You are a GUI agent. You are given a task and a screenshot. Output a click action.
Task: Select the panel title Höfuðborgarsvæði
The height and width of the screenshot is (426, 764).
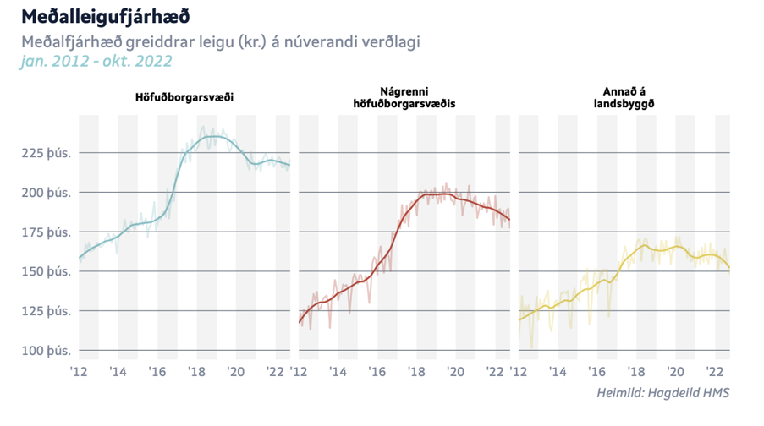[x=184, y=97]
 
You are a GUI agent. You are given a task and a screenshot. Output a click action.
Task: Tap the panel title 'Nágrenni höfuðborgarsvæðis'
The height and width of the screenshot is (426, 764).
[x=404, y=97]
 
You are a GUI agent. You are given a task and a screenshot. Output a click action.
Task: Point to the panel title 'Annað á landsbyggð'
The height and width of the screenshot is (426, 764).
[x=624, y=97]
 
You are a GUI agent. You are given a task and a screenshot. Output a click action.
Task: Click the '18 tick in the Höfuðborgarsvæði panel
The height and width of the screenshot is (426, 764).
[x=196, y=371]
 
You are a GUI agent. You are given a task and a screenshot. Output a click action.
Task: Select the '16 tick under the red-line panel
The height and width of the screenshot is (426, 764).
[x=377, y=371]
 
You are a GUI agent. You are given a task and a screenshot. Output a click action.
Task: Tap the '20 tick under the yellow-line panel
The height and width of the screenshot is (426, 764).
[x=675, y=371]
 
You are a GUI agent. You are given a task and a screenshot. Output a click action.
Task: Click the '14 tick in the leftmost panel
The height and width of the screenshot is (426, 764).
[x=118, y=371]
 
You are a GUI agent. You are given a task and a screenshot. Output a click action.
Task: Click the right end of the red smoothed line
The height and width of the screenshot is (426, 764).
[x=509, y=220]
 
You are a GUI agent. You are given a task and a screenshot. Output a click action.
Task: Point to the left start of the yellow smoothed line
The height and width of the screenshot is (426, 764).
[x=519, y=319]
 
